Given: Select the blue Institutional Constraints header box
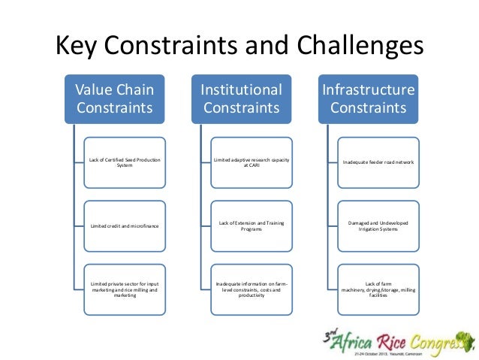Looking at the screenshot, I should pos(241,98).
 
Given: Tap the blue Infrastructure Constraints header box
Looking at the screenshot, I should pos(369,98).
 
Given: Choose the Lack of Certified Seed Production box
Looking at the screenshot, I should pos(125,162).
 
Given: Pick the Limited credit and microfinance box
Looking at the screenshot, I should pos(125,225).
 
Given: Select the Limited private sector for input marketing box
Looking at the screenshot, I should pos(125,289).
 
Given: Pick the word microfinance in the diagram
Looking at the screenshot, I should pos(143,225).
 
